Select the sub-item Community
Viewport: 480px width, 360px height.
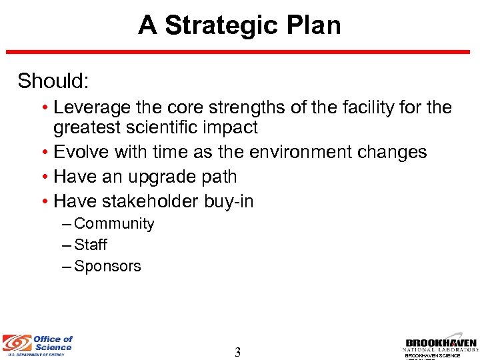click(x=114, y=224)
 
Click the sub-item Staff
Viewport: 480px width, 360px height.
click(x=91, y=245)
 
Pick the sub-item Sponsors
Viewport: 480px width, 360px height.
click(x=107, y=267)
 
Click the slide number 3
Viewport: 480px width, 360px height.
click(x=237, y=352)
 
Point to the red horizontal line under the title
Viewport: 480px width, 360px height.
click(x=240, y=52)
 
